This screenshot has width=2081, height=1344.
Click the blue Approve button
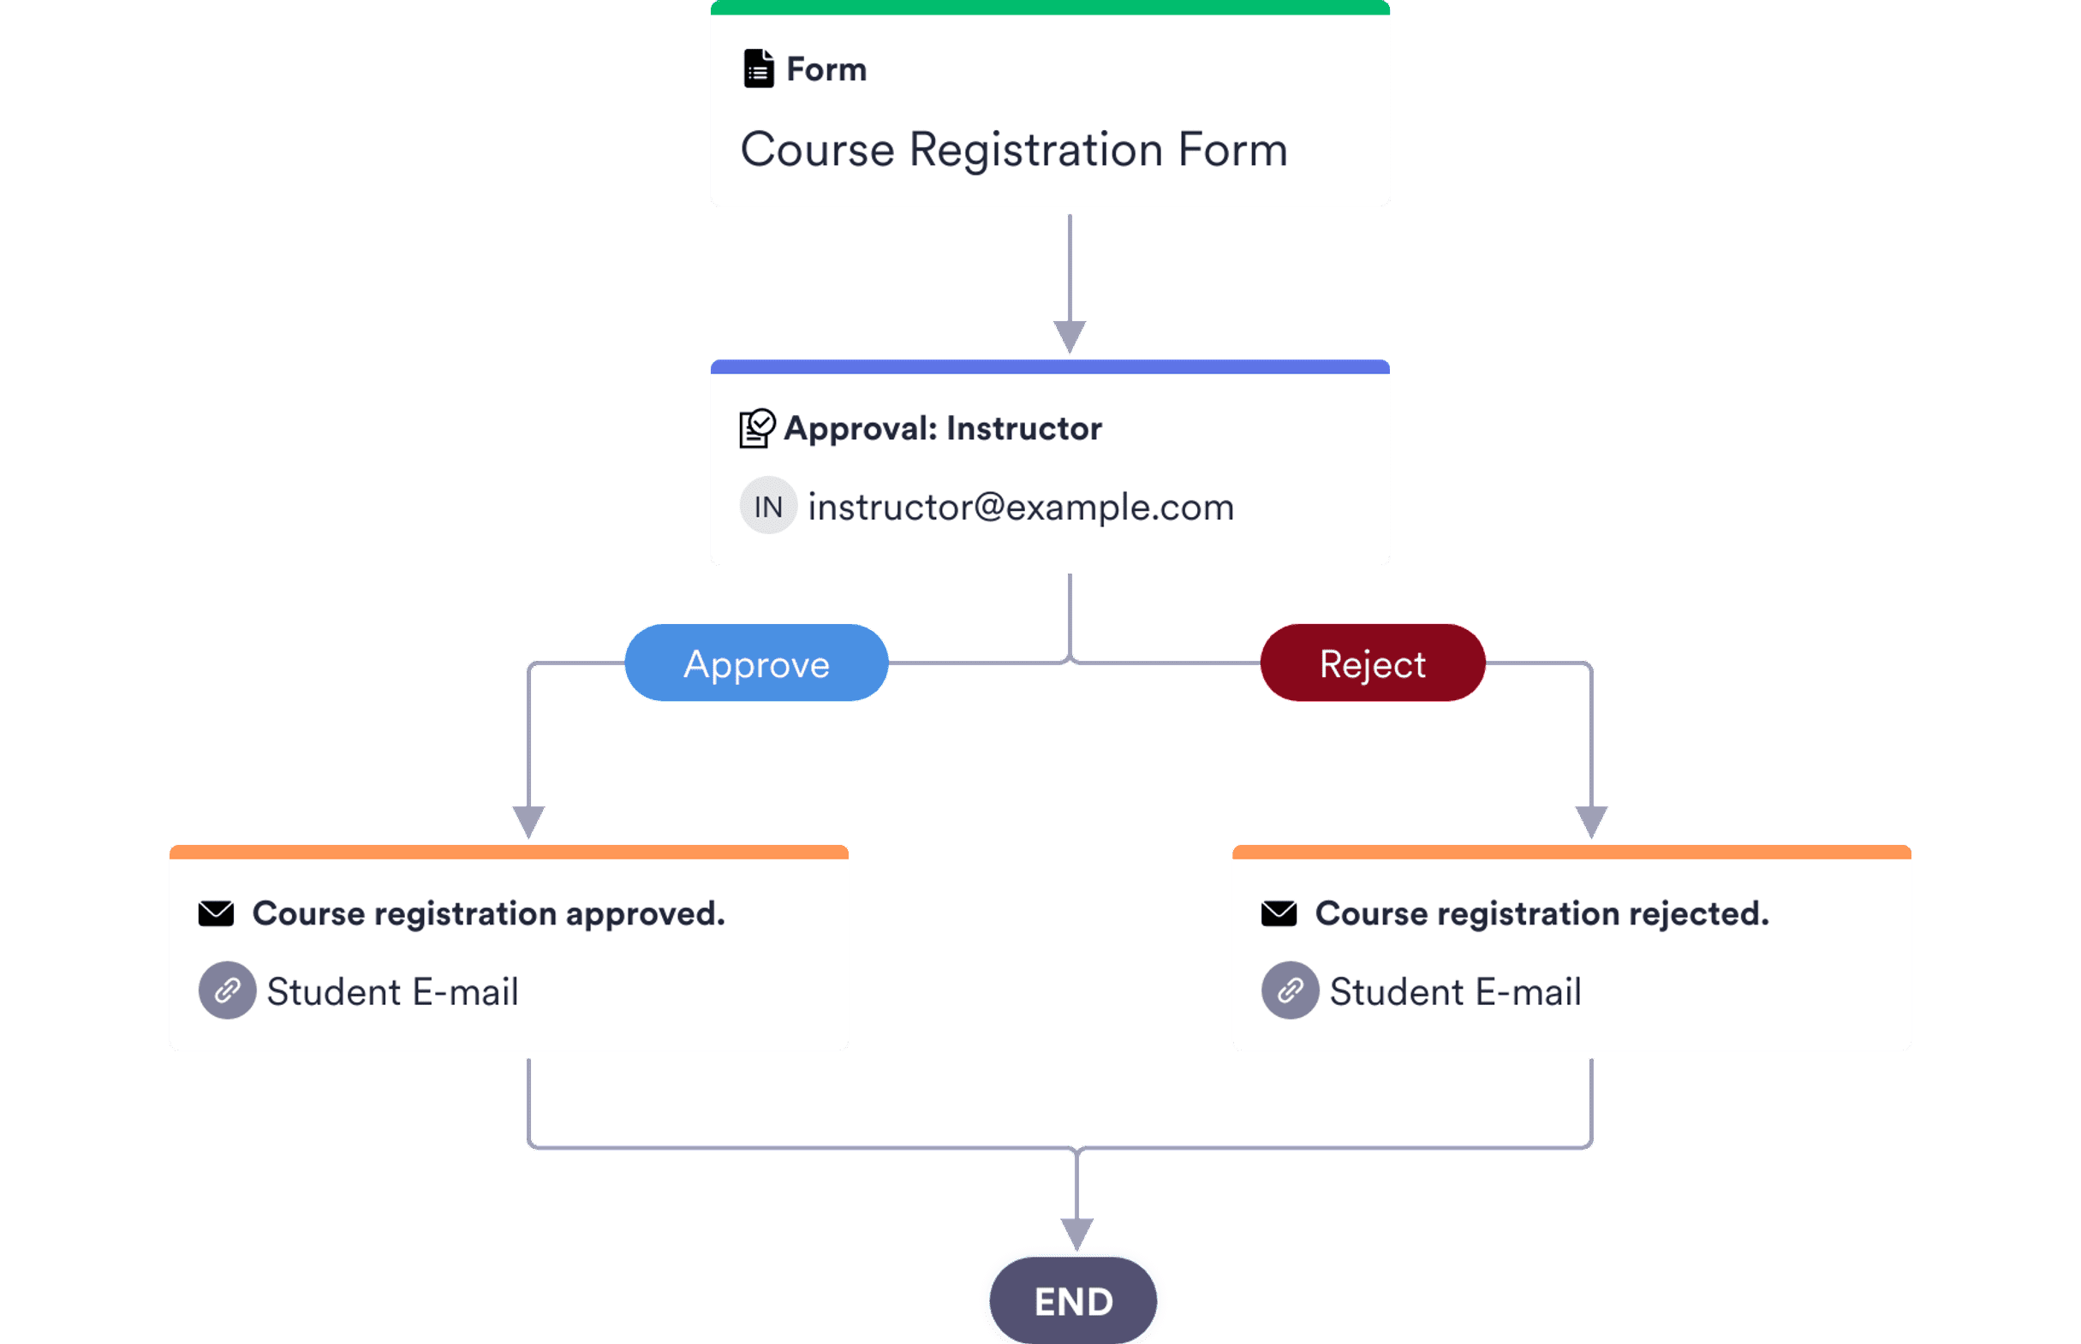[x=756, y=663]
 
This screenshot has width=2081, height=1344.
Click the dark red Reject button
[x=1372, y=663]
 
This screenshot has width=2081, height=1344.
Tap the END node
[x=1073, y=1301]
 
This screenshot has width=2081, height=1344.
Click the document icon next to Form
[x=758, y=69]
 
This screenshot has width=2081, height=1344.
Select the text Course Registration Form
[x=1013, y=149]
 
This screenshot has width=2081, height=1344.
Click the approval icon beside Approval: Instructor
[x=756, y=428]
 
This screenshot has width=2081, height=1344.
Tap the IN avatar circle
[x=768, y=506]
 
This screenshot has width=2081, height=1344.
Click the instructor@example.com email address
[x=1021, y=507]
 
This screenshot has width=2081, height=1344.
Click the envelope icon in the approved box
[x=216, y=913]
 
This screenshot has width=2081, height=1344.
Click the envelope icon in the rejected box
[x=1278, y=913]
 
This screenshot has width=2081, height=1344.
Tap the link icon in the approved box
[x=227, y=990]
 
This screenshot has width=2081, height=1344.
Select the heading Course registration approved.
[x=488, y=913]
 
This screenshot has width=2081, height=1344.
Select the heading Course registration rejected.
[x=1541, y=913]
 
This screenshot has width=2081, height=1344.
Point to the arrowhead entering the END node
[x=1076, y=1233]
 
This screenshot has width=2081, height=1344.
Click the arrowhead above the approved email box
[x=528, y=821]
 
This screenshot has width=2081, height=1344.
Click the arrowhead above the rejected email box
[x=1590, y=821]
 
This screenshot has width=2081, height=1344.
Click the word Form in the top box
[x=826, y=70]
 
